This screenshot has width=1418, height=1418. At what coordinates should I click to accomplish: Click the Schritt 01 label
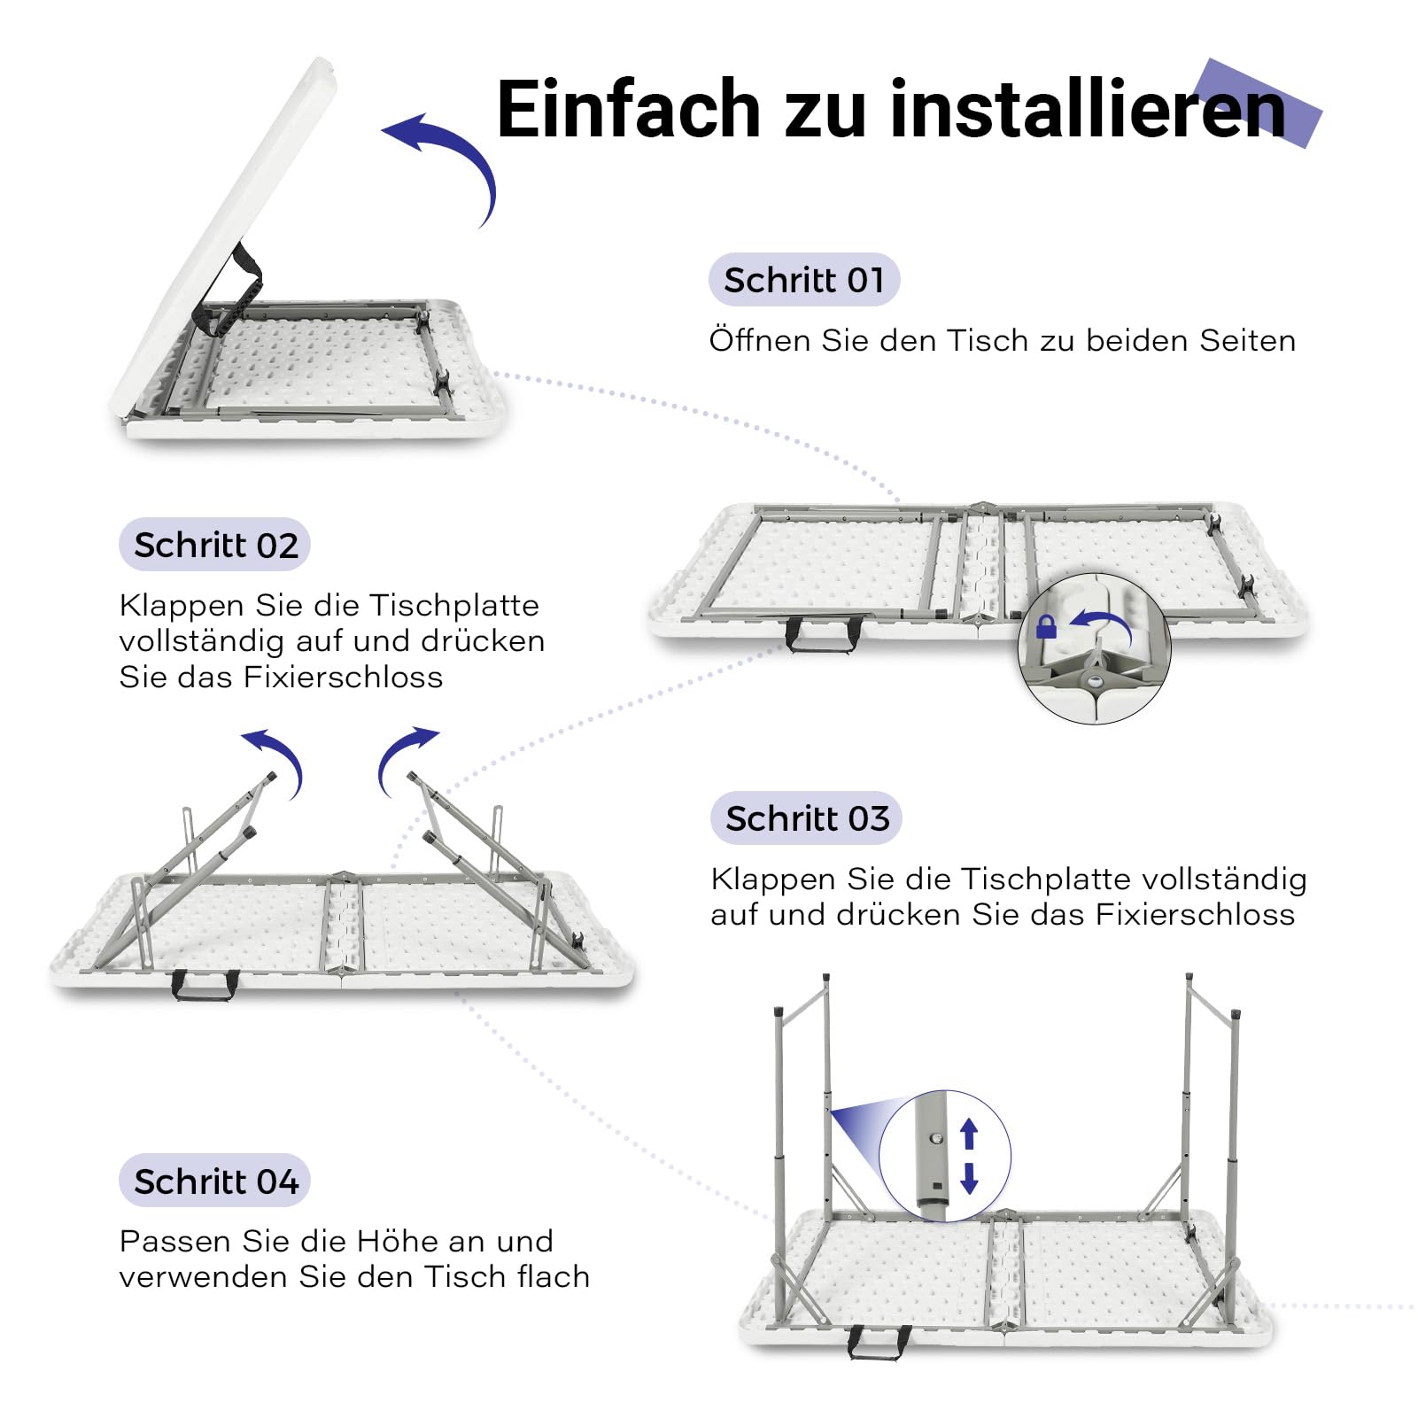pyautogui.click(x=804, y=280)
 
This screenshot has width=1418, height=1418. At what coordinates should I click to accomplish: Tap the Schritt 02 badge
pyautogui.click(x=215, y=545)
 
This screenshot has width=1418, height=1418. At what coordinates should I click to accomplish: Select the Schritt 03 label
pyautogui.click(x=807, y=818)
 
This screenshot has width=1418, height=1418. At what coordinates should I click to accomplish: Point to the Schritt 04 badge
pyautogui.click(x=215, y=1181)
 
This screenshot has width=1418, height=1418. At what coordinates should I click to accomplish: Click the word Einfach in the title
pyautogui.click(x=629, y=109)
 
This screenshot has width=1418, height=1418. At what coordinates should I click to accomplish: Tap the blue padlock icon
pyautogui.click(x=1046, y=627)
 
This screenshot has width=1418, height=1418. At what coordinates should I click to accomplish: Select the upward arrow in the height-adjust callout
pyautogui.click(x=969, y=1134)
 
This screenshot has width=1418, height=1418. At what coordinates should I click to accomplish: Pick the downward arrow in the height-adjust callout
pyautogui.click(x=969, y=1178)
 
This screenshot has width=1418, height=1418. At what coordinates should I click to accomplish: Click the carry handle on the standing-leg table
pyautogui.click(x=879, y=1343)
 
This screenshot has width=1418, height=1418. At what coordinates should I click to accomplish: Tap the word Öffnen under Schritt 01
pyautogui.click(x=760, y=340)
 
